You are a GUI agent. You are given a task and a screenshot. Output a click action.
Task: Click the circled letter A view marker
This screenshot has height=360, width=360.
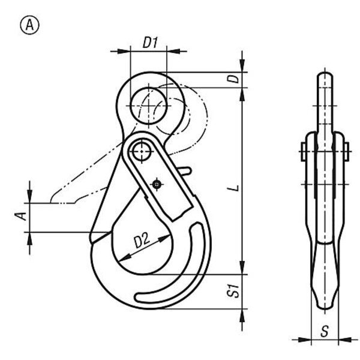click(x=30, y=25)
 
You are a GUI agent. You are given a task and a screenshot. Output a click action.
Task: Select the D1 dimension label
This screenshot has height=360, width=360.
click(x=151, y=43)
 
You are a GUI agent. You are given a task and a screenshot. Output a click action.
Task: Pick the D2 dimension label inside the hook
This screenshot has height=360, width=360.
click(x=142, y=241)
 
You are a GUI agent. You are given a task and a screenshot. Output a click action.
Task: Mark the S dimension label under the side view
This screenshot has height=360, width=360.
click(x=325, y=331)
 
